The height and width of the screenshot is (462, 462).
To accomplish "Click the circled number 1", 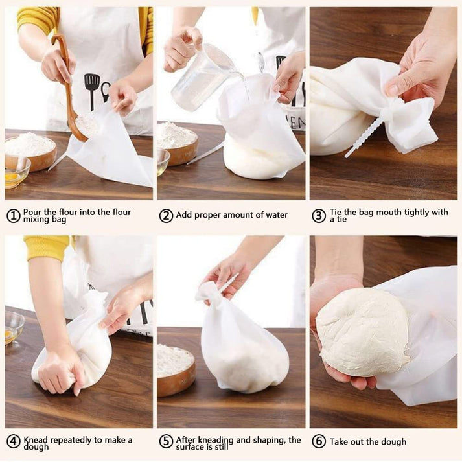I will (x=14, y=216).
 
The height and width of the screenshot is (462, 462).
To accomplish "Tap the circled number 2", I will (x=166, y=216).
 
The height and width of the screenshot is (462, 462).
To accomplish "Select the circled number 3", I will (x=318, y=216).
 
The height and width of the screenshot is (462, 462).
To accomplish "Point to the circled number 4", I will (x=14, y=442).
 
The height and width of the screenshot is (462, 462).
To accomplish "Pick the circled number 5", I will (x=166, y=442).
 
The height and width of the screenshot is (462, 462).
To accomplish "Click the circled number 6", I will (x=318, y=442).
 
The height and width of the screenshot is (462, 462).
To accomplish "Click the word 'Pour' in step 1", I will (x=34, y=212).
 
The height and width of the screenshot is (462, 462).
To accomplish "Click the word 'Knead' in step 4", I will (x=37, y=439).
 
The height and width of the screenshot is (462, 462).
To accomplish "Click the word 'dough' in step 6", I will (x=392, y=442).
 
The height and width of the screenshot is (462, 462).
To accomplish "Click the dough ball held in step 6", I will (x=363, y=332).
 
